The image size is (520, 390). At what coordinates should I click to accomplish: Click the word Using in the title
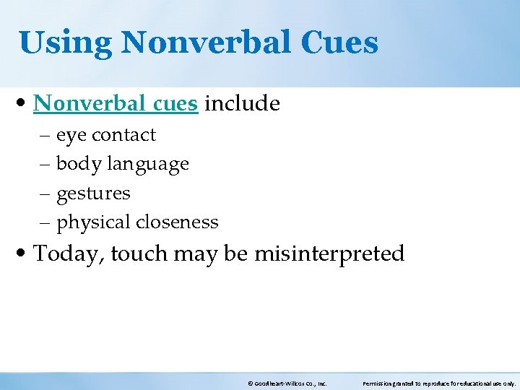point(65,43)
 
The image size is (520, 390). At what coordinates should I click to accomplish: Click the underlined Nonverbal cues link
point(116,104)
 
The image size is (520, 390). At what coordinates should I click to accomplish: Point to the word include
point(242,104)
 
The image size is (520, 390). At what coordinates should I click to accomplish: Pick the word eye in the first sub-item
point(70,136)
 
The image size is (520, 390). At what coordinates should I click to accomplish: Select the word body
point(79,165)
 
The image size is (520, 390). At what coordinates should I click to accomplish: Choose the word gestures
point(93,194)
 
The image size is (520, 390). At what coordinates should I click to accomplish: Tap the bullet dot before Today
point(25,254)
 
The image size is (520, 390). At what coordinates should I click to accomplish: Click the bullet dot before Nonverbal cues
point(25,104)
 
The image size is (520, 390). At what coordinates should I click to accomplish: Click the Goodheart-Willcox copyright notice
point(287,383)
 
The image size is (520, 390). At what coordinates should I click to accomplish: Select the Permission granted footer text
point(438,383)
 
